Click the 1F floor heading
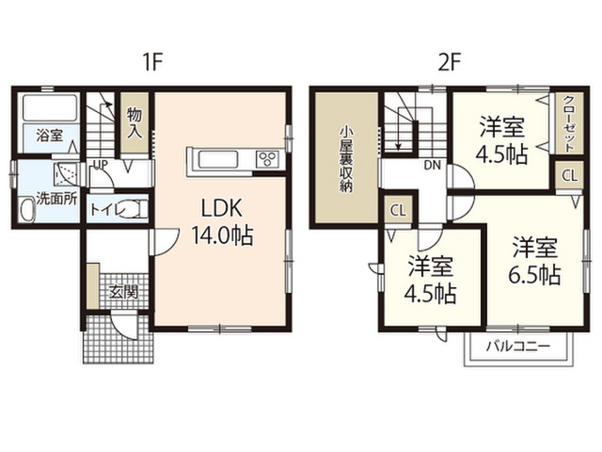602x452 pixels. click(152, 62)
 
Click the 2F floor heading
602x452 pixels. click(449, 62)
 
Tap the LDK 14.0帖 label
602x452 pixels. click(222, 222)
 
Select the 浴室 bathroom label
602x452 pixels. click(50, 135)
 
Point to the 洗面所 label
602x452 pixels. click(56, 199)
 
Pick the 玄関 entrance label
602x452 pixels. click(122, 293)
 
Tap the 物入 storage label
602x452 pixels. click(135, 122)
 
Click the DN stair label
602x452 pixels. click(433, 166)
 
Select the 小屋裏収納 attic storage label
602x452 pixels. click(346, 159)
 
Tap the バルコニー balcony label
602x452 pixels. click(518, 347)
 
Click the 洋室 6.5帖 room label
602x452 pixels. click(535, 261)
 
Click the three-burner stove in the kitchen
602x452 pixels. click(267, 159)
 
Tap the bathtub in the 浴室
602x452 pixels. click(51, 107)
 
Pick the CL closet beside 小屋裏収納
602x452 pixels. click(398, 210)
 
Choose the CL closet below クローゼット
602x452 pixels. click(570, 176)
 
